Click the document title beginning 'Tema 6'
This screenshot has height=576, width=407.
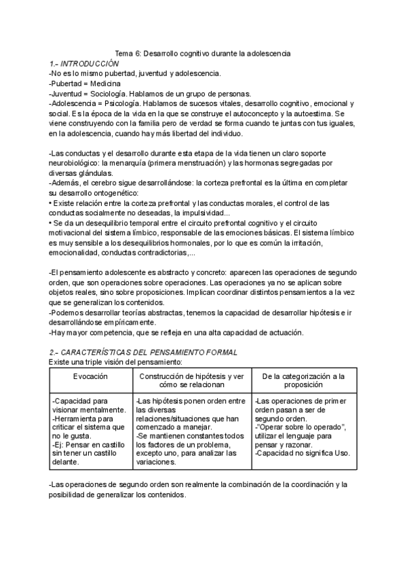203,53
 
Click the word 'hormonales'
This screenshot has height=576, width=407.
186,242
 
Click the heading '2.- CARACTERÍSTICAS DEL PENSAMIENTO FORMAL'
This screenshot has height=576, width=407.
143,353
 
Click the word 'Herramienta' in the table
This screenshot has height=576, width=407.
77,419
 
